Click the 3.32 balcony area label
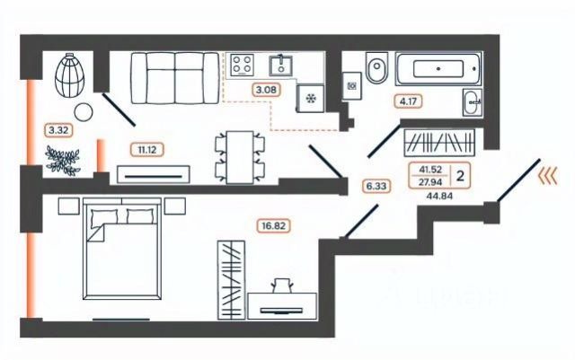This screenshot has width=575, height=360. [x=56, y=129]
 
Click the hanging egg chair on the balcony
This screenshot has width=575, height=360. [x=70, y=74]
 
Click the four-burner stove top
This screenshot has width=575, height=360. [x=243, y=65]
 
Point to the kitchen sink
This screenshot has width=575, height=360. [x=282, y=65]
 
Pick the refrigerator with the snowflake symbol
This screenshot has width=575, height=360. [x=313, y=99]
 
